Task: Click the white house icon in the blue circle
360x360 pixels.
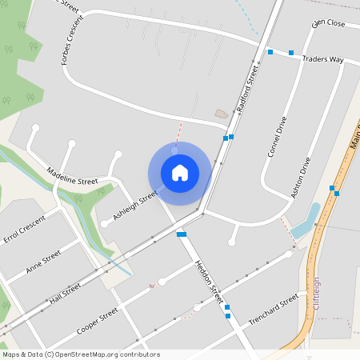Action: tap(180, 172)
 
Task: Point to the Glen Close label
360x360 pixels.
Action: tap(328, 23)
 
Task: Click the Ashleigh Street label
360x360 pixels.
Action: tap(134, 206)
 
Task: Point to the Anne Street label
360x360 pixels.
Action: tap(43, 261)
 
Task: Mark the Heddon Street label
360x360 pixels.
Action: tap(207, 282)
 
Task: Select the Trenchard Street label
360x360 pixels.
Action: tap(273, 309)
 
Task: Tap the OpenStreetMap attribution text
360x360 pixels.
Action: tap(80, 354)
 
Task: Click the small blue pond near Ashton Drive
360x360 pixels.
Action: tap(306, 222)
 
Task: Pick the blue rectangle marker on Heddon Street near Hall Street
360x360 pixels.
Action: tap(182, 234)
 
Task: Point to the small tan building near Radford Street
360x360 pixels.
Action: tap(222, 114)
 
